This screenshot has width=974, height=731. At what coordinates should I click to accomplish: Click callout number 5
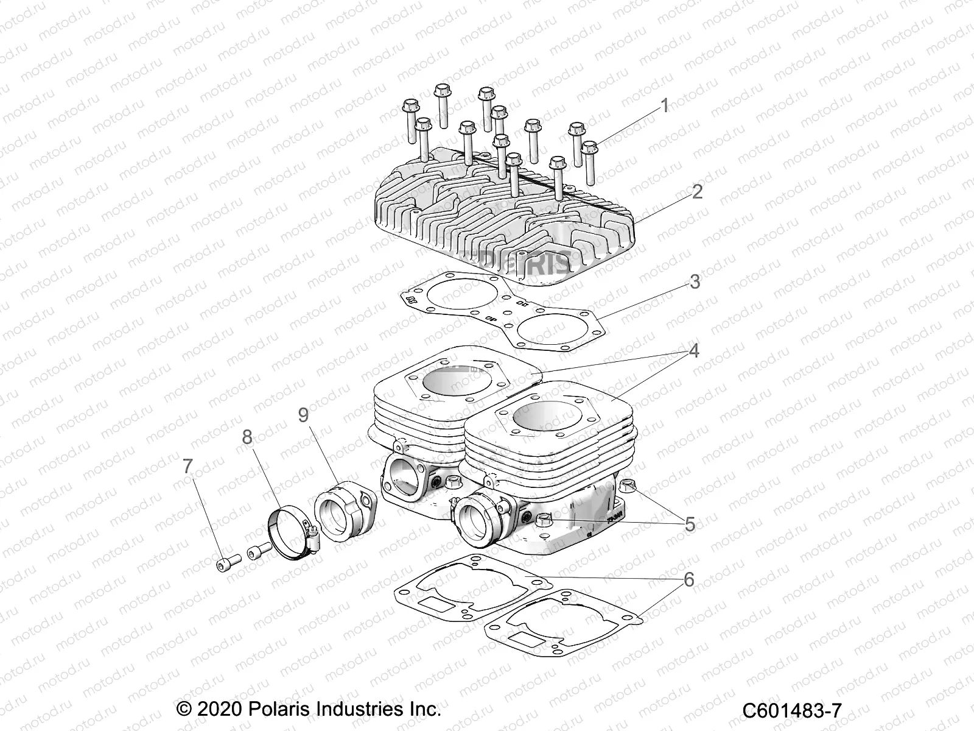point(689,524)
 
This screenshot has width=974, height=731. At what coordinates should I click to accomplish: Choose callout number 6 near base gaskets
point(688,579)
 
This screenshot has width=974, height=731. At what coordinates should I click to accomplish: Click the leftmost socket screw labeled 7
point(224,563)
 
